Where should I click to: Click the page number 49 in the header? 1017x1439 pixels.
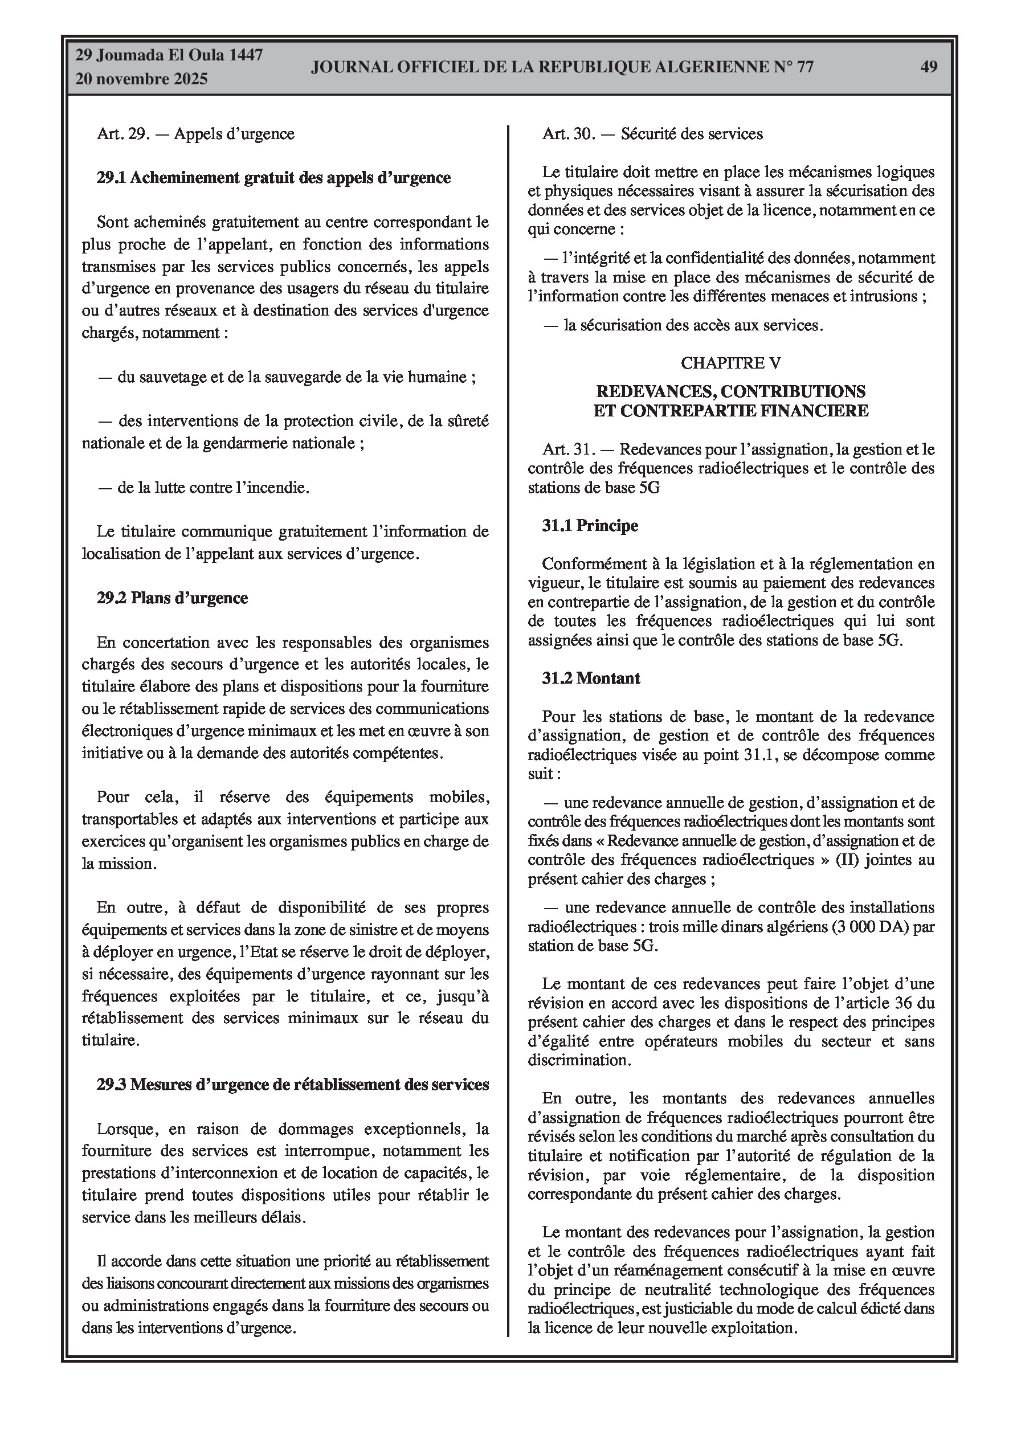(929, 67)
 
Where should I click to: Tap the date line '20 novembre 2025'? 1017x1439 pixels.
(141, 79)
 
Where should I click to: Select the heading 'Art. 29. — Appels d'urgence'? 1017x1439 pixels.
(195, 133)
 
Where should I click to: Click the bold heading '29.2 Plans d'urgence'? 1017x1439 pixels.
(172, 598)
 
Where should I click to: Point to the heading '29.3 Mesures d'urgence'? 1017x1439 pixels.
(292, 1084)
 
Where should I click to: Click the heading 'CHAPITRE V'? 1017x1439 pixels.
(730, 363)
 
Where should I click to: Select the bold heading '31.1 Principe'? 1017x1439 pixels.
(590, 525)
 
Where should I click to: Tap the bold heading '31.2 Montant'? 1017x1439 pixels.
(591, 678)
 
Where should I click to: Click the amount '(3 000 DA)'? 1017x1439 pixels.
(869, 926)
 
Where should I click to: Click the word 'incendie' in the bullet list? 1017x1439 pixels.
(281, 488)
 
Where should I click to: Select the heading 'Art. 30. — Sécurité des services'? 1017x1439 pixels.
(653, 133)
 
